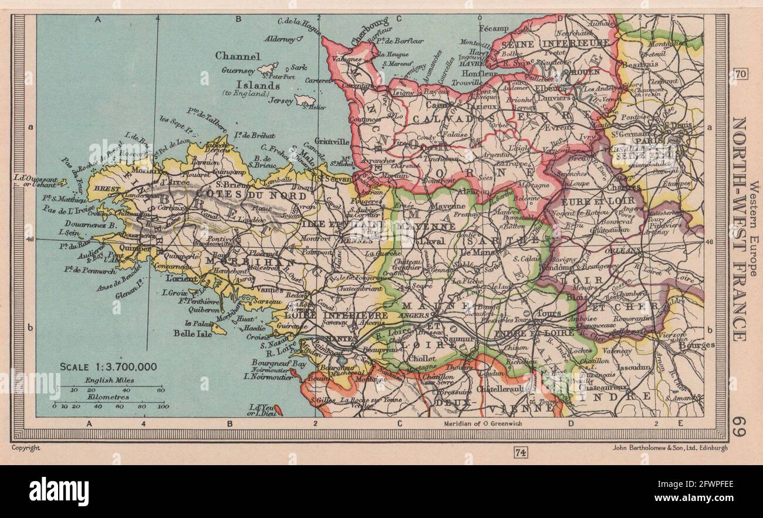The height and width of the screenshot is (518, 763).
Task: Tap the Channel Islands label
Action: (x=247, y=70)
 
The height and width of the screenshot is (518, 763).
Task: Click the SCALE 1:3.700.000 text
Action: (x=108, y=367)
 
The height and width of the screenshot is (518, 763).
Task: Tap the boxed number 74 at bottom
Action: (x=519, y=452)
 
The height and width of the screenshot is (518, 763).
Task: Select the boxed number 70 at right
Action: (x=740, y=74)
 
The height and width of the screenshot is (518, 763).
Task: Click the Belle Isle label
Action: (x=183, y=333)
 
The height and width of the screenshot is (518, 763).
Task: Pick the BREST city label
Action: (x=106, y=190)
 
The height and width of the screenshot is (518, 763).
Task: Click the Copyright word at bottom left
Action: (x=26, y=448)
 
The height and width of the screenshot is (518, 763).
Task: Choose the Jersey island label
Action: (x=280, y=101)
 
